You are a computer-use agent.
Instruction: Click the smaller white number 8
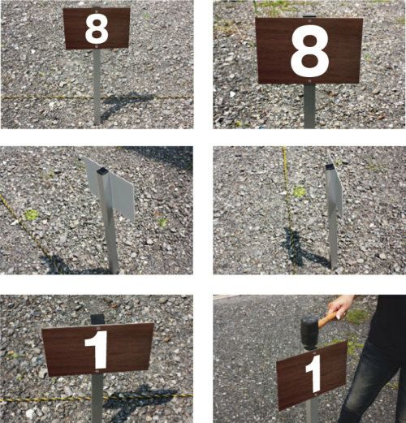[97, 29]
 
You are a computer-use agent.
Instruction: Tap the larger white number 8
[309, 51]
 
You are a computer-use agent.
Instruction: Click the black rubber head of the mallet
[310, 333]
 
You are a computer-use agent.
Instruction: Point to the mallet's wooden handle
[328, 318]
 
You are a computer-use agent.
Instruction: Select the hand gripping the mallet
[340, 307]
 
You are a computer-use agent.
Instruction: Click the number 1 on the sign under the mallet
[314, 373]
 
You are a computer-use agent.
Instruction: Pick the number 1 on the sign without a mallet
[97, 350]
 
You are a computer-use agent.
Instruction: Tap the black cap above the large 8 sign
[309, 16]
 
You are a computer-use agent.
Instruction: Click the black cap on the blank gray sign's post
[102, 171]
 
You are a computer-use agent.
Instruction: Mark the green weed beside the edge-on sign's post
[299, 192]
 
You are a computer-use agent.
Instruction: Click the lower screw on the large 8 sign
[309, 80]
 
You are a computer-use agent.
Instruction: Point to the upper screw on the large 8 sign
[309, 20]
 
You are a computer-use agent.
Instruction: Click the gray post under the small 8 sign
[97, 87]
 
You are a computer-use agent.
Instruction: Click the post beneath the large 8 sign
[309, 106]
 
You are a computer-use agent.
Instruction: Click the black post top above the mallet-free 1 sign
[97, 320]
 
